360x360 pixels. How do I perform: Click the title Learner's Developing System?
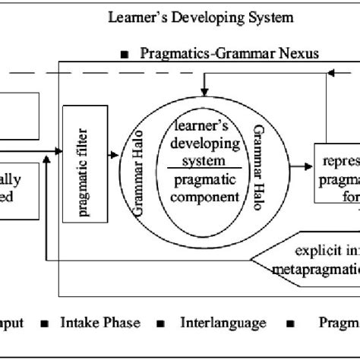(x=201, y=16)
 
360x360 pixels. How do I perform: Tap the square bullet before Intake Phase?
(x=46, y=324)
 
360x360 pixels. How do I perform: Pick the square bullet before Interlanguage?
(x=161, y=324)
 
